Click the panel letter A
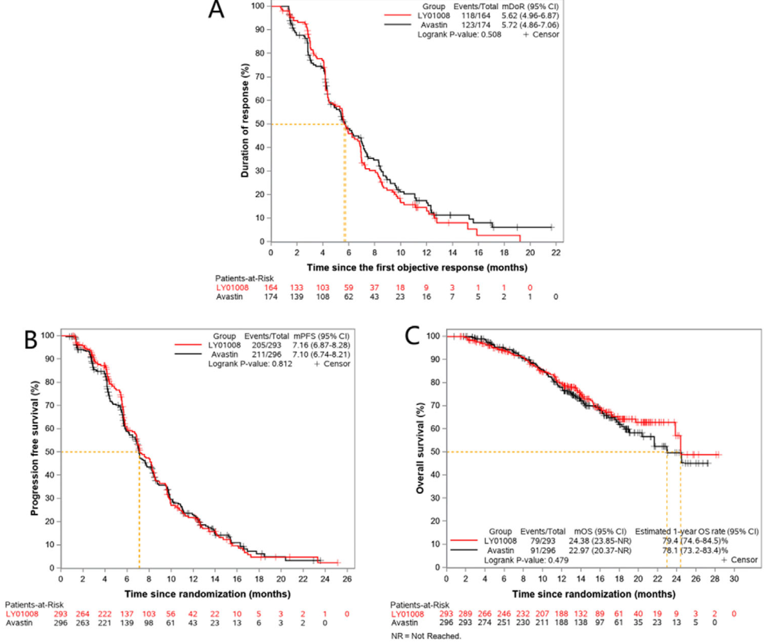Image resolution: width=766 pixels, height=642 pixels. click(x=218, y=13)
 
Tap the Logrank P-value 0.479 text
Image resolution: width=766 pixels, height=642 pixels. click(x=526, y=560)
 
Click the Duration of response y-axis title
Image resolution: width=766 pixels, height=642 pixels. click(x=245, y=121)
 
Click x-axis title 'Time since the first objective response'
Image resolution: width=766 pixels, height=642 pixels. click(x=416, y=268)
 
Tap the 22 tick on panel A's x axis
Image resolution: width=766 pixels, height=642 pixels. click(x=555, y=253)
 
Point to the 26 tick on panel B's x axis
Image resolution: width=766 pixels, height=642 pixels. click(x=346, y=580)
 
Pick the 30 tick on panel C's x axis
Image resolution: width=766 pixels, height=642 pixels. click(x=735, y=580)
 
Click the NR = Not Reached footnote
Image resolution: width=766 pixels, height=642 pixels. click(x=426, y=636)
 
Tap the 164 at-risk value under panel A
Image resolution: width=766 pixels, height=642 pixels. click(x=272, y=288)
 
